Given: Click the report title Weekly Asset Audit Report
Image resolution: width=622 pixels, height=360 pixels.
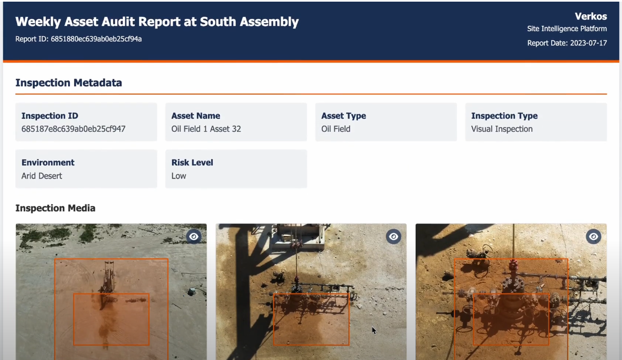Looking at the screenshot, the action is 157,22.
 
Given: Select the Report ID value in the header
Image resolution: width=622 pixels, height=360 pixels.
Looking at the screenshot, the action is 96,39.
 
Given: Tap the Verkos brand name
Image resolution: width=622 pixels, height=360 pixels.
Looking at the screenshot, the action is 591,16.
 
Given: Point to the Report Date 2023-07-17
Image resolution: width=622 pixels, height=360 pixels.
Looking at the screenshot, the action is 567,43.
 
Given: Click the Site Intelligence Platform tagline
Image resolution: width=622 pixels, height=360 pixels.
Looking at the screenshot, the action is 567,29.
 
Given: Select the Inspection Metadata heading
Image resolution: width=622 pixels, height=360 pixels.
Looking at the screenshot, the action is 69,83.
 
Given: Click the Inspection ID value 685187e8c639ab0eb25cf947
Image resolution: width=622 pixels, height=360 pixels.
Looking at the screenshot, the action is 73,129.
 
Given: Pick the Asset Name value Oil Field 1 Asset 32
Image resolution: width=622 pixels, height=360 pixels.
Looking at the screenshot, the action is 206,129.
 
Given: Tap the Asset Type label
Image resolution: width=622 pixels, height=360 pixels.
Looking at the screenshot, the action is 344,116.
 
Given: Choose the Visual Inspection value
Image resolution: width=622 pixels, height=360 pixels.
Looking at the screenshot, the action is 502,129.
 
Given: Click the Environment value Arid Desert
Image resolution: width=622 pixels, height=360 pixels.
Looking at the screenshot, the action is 42,176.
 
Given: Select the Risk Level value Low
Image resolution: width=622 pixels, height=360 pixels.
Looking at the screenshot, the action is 179,176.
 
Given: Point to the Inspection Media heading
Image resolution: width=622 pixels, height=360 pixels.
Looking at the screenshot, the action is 55,208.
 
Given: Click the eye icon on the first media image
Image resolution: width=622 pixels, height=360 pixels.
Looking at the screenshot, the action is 194,237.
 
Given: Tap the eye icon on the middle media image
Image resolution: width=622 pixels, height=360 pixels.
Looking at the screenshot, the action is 394,237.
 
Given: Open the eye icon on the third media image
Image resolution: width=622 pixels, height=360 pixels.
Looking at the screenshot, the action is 593,237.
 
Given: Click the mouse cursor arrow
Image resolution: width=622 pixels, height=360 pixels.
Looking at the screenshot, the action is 374,331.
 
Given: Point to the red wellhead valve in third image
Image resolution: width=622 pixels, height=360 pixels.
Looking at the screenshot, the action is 513,265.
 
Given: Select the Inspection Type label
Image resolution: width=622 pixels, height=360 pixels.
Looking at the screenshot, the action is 504,116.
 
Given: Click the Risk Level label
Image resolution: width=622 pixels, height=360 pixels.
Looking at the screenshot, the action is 192,163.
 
